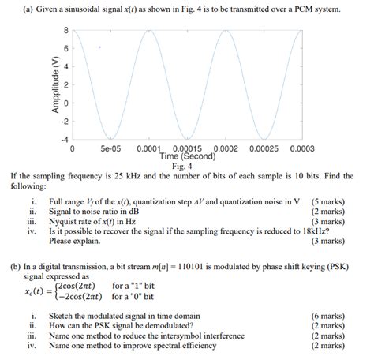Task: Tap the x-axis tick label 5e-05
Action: click(110, 148)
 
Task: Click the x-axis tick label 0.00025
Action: click(264, 148)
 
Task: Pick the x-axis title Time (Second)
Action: click(187, 156)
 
